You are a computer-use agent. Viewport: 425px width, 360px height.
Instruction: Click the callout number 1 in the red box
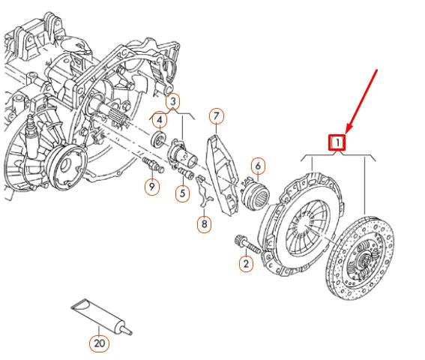[338, 141]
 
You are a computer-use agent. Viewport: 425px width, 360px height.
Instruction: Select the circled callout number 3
[173, 100]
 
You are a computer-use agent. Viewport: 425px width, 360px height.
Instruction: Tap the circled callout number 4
[160, 119]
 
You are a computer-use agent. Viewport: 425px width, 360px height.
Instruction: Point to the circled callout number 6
[257, 166]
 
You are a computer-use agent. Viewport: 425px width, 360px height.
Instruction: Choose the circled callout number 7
[217, 115]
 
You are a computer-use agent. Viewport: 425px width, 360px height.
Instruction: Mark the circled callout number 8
[205, 223]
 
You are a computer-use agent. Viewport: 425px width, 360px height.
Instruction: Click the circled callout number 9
[152, 186]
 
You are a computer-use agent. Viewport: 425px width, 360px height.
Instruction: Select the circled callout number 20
[99, 343]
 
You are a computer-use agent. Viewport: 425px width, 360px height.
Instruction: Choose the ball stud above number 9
[148, 165]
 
